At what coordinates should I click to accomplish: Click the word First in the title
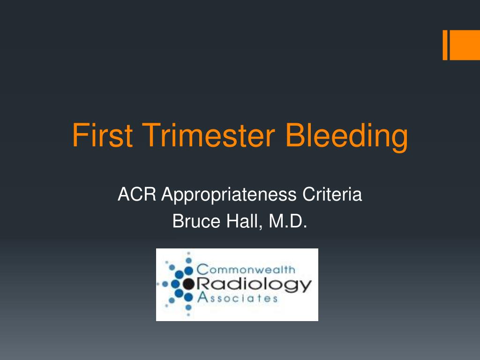102,136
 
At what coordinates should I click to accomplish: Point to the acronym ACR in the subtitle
137,194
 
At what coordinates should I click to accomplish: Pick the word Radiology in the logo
254,284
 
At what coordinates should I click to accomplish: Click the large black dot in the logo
188,284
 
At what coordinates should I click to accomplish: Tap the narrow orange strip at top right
445,45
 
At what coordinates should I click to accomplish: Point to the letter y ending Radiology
305,286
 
